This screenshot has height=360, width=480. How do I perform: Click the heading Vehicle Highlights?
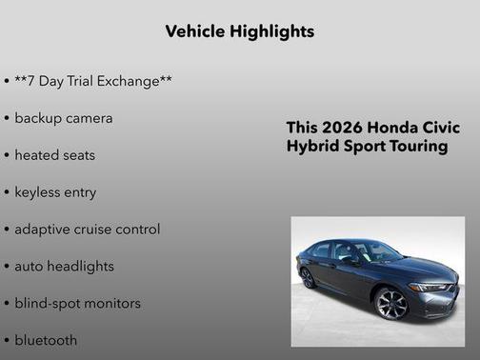coord(239,31)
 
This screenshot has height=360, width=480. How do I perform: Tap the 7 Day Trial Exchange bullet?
coord(92,81)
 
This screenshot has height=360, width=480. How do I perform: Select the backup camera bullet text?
coord(63,118)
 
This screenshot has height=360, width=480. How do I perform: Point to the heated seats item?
coord(54,154)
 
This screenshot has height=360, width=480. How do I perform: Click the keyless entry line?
coord(55,191)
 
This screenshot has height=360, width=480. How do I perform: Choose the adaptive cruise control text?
coord(87,229)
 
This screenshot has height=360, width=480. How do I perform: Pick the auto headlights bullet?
coord(64,266)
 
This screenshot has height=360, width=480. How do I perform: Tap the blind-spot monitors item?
coord(77,303)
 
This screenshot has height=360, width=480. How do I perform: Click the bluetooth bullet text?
coord(46,340)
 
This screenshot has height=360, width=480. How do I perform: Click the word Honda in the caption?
coord(390,128)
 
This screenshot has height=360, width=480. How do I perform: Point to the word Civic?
coord(437,128)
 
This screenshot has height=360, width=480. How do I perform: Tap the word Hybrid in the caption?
coord(312,147)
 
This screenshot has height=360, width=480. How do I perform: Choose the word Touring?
coord(415,147)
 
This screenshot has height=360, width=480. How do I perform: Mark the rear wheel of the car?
coord(308,277)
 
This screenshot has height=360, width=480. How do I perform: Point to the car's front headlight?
coord(430,286)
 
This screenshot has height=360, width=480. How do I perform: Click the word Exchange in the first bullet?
coord(132,81)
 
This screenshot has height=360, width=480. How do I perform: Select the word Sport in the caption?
coord(362,147)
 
